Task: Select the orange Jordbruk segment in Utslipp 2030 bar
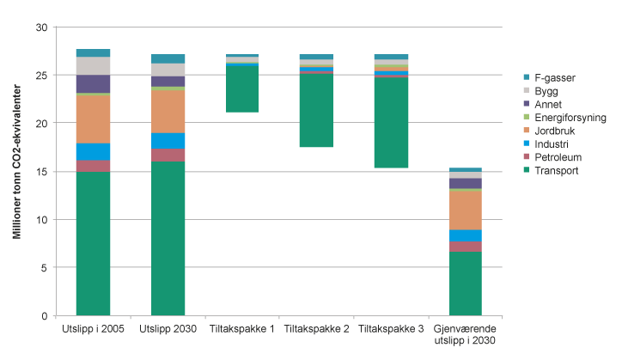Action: [168, 111]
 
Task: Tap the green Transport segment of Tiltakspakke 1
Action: [242, 88]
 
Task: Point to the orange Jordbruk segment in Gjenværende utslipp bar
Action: [466, 210]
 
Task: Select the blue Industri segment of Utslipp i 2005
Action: [93, 151]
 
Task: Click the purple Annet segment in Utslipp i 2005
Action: [93, 83]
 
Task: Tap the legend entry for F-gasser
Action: [551, 77]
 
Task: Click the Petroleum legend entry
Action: [556, 157]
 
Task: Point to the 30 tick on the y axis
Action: [41, 27]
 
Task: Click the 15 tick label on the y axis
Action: [41, 172]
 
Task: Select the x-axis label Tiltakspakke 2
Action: [316, 329]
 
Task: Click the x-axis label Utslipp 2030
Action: [168, 329]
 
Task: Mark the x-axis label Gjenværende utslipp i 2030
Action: [466, 334]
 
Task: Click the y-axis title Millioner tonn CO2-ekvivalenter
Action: [17, 172]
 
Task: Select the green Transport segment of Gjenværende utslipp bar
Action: [466, 284]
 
